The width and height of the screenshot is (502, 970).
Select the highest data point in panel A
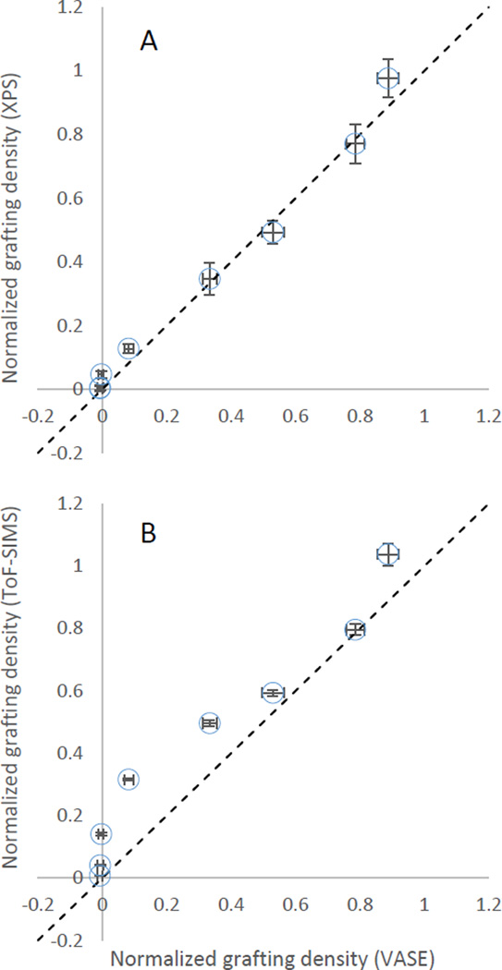pos(388,79)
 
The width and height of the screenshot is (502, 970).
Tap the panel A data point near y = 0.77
pos(355,143)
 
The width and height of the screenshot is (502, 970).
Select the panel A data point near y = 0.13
pos(129,348)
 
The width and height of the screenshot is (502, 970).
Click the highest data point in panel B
pos(388,553)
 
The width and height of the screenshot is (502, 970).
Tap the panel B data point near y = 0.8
pos(355,629)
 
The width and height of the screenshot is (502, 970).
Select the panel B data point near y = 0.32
pos(129,780)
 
